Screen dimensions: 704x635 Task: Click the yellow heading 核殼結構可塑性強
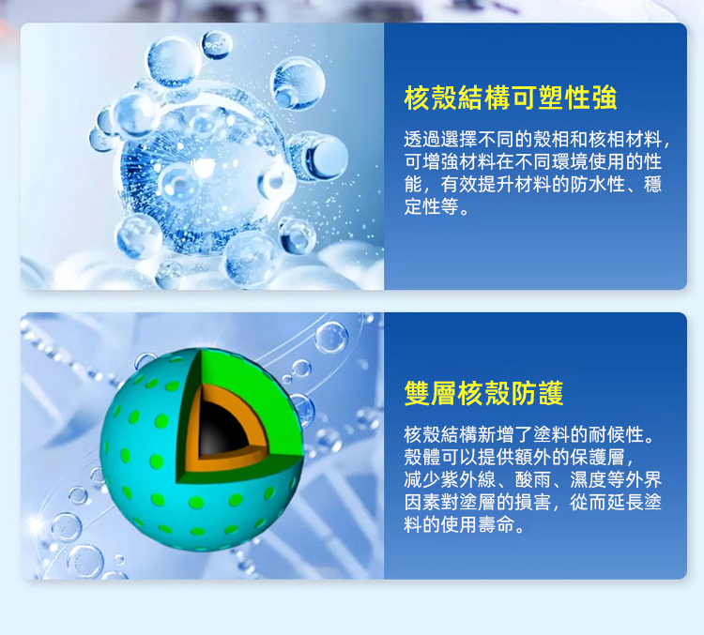point(511,98)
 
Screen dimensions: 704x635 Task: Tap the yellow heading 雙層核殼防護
point(483,393)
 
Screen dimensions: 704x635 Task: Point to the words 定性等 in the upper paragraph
point(431,207)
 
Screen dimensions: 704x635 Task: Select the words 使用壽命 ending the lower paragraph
point(477,524)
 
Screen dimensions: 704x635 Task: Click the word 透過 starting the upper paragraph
point(422,140)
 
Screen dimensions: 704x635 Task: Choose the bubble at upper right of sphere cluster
point(298,83)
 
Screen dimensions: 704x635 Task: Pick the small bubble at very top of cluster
point(218,44)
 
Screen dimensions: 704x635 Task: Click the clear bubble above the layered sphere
point(331,338)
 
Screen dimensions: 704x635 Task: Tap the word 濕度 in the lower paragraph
point(589,479)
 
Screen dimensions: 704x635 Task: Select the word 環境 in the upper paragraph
point(570,162)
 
